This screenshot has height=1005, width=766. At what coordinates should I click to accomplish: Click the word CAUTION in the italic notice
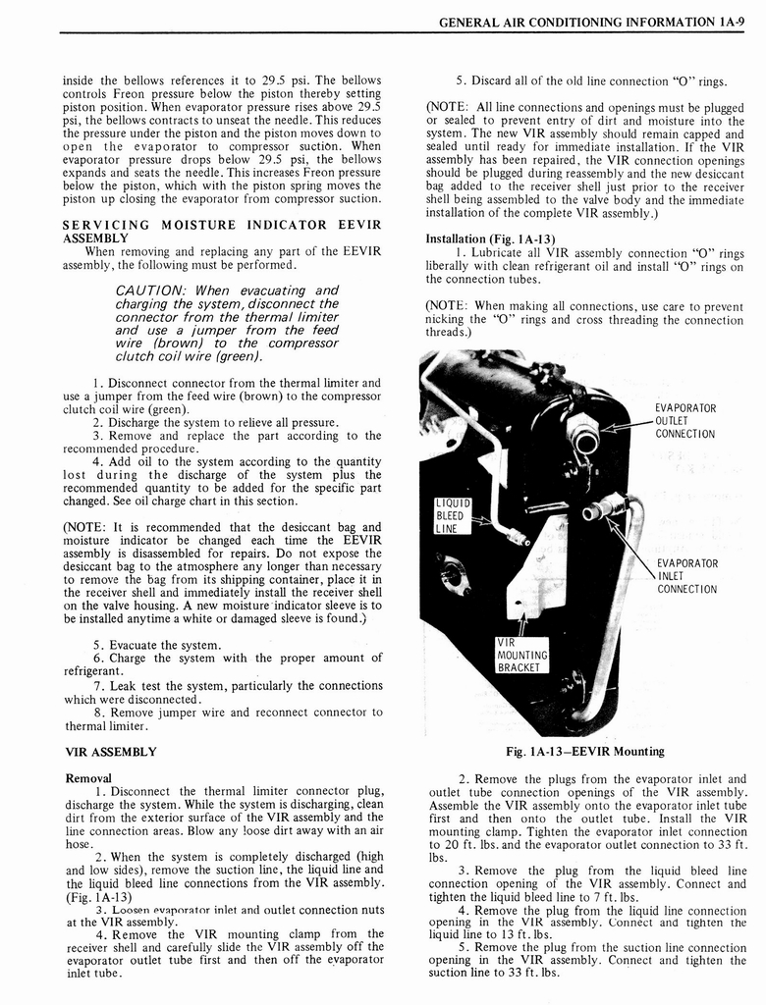pos(151,291)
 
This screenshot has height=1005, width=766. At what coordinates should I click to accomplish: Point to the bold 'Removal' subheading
pos(86,777)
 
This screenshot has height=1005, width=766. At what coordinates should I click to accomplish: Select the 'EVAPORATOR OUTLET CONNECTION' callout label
pos(685,421)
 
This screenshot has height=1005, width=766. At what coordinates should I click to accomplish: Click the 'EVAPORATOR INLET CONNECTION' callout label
pos(685,576)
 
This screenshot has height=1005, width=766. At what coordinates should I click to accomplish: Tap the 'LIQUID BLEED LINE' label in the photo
pos(453,515)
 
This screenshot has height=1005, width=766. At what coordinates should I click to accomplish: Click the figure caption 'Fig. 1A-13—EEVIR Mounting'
pos(584,752)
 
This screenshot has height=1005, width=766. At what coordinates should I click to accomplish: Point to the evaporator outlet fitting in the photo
pos(585,437)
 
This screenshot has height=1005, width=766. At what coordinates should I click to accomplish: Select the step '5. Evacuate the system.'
pos(157,645)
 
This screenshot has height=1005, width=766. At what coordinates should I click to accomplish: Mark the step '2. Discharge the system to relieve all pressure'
pos(216,423)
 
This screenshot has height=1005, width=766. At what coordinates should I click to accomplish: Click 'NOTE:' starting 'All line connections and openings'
pos(448,106)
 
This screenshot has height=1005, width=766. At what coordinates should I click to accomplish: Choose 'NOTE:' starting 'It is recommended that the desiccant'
pos(83,527)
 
